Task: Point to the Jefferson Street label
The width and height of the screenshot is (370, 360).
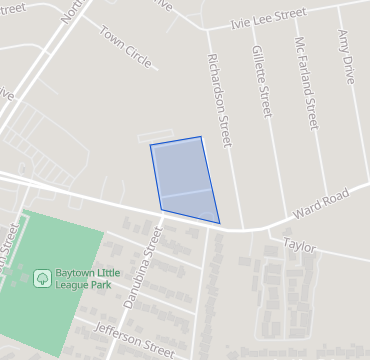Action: pyautogui.click(x=134, y=340)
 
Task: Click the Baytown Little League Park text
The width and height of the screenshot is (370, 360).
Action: pyautogui.click(x=93, y=282)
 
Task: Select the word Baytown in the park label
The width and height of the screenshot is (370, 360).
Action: pyautogui.click(x=81, y=275)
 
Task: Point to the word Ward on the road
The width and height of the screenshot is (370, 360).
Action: pyautogui.click(x=306, y=209)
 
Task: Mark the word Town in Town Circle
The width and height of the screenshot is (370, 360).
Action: pyautogui.click(x=112, y=38)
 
